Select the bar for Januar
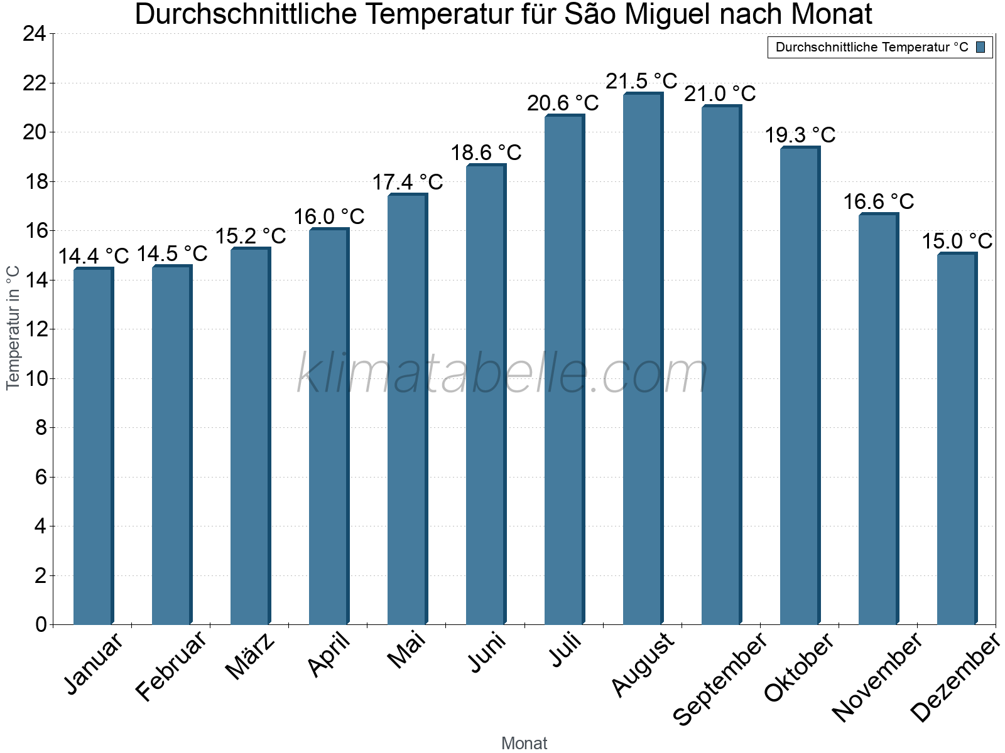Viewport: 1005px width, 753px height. coord(93,446)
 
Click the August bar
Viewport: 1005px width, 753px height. coord(643,359)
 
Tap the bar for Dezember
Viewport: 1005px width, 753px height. coord(957,439)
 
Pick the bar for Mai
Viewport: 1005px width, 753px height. coord(407,409)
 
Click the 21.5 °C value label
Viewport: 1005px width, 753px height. coord(641,81)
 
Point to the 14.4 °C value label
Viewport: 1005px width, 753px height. coord(93,256)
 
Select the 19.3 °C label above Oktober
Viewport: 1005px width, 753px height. coord(800,135)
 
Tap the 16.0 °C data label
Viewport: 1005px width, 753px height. coord(329,216)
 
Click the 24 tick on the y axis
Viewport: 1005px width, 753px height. coord(35,34)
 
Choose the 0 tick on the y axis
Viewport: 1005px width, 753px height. coord(41,624)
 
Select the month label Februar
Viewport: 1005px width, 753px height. coord(171,665)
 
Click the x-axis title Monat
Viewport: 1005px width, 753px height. coord(524,743)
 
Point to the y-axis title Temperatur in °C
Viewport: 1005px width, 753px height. coord(13,328)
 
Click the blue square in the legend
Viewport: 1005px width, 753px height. coord(981,47)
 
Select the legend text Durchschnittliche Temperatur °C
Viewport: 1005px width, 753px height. coord(872,47)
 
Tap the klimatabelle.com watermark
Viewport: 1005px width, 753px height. coord(503,374)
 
